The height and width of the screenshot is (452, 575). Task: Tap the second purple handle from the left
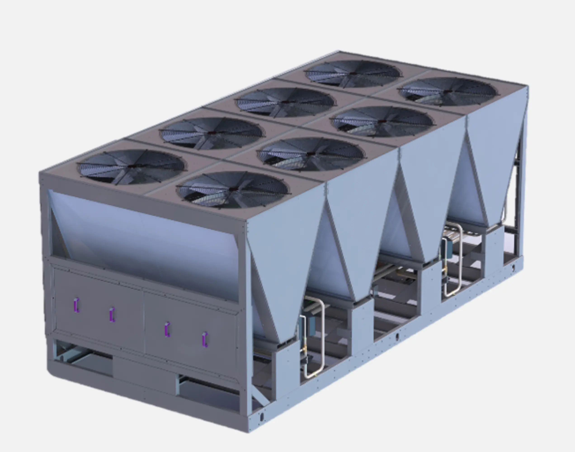tap(112, 315)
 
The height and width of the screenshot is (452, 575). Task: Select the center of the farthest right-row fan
tap(447, 91)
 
